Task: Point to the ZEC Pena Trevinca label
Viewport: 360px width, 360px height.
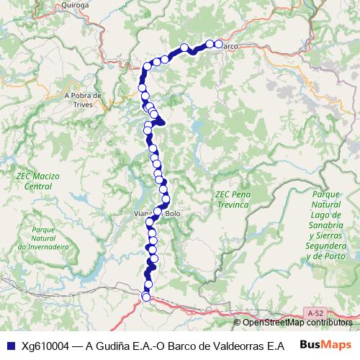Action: point(231,200)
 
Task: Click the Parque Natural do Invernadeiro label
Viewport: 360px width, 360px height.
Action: point(44,238)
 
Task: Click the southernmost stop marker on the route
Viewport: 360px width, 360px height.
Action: point(146,297)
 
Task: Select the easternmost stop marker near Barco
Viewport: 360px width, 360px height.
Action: point(218,44)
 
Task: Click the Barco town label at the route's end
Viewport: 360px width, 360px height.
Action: point(230,46)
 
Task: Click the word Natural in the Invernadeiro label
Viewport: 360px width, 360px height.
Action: point(44,238)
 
